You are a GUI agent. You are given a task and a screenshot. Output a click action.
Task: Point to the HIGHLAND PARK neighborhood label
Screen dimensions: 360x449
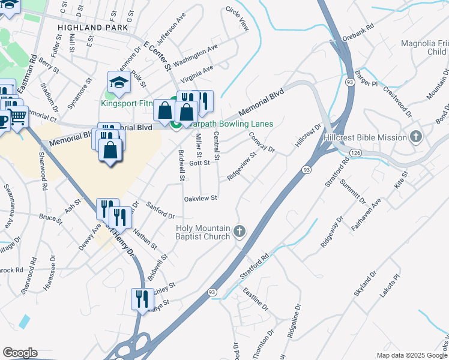(93, 28)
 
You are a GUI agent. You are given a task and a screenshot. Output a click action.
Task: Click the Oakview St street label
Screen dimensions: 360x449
(200, 197)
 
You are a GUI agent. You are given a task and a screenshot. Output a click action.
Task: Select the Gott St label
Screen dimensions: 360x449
(199, 163)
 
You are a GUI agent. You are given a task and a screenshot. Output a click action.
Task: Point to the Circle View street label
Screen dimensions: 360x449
(237, 19)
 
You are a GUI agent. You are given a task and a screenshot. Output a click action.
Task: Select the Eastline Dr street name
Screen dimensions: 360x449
(256, 298)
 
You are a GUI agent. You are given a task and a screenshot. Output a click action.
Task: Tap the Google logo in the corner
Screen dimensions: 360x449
(20, 353)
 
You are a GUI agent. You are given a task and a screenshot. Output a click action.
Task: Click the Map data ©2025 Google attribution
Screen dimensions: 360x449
(411, 355)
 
